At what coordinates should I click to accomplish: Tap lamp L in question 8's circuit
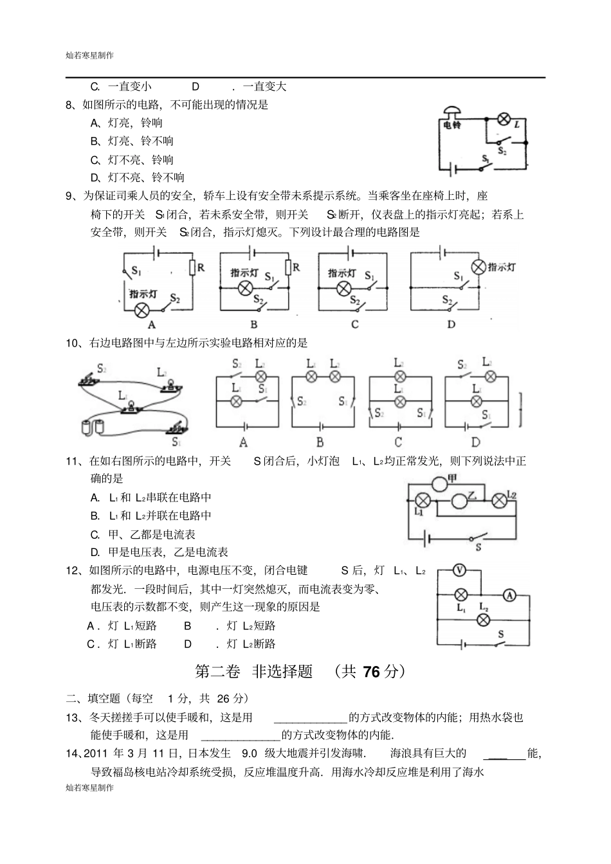504,119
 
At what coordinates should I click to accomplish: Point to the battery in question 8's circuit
454,169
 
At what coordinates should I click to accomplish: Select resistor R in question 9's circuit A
192,267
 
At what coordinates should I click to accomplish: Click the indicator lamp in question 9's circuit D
478,267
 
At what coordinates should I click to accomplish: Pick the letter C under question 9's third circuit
354,325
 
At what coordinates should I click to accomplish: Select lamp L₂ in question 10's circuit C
399,377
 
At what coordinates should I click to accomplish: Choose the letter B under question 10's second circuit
320,442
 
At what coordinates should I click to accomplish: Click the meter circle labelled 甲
439,483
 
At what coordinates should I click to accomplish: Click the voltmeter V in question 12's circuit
459,570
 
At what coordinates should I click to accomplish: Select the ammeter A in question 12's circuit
509,595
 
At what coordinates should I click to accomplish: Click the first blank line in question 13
311,717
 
